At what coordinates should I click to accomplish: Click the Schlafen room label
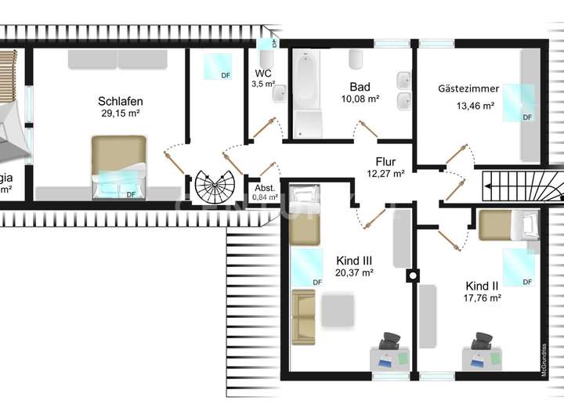click(120, 101)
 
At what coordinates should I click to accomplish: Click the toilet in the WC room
click(279, 95)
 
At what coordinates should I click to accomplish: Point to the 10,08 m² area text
click(360, 99)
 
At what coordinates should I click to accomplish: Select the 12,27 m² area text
click(385, 174)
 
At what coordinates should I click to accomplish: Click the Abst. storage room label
click(264, 188)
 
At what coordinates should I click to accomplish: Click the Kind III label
click(353, 260)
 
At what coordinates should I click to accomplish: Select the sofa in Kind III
click(303, 316)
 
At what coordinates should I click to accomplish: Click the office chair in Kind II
click(480, 342)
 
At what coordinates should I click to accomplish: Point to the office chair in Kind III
click(389, 341)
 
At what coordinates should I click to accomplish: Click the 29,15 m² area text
click(120, 114)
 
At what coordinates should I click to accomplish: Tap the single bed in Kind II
click(508, 226)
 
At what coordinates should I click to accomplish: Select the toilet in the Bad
click(356, 60)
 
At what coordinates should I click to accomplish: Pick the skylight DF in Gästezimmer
click(518, 103)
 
